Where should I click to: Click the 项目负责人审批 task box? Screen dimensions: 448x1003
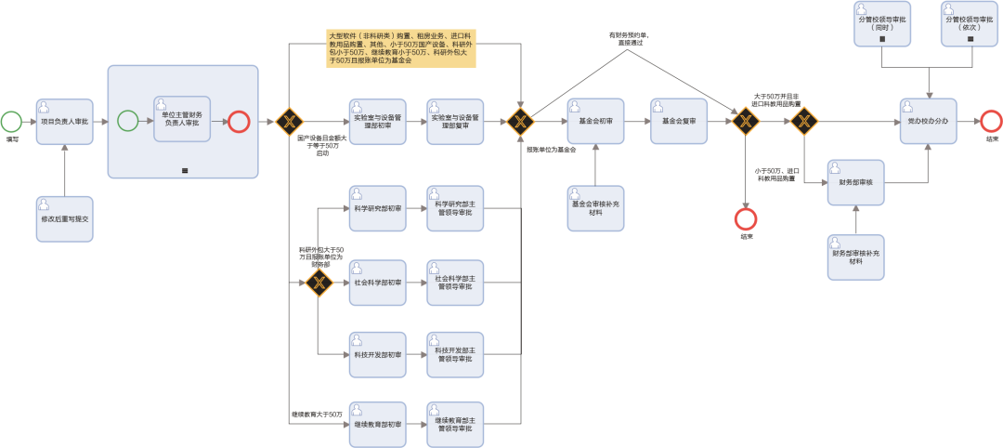pos(65,121)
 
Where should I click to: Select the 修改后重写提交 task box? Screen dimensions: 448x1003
pos(65,219)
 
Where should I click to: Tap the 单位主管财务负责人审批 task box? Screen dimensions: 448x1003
pos(182,120)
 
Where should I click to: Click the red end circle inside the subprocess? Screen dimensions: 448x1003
pos(239,121)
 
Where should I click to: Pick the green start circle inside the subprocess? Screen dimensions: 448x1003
pos(128,121)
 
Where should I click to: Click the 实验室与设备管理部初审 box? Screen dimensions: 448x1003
pos(377,121)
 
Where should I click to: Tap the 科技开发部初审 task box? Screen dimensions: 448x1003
pos(377,355)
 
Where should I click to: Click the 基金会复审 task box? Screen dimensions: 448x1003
pos(679,121)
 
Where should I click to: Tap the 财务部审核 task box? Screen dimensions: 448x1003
pos(855,182)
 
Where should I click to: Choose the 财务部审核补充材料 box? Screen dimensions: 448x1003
pos(855,257)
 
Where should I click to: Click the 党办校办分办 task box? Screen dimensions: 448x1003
pos(927,121)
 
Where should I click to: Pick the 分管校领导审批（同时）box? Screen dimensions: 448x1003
pos(881,25)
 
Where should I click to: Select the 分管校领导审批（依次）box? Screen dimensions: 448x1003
pos(970,25)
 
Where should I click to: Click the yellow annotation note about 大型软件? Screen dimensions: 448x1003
pos(400,48)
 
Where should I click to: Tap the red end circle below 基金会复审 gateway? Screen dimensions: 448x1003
pos(746,219)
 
